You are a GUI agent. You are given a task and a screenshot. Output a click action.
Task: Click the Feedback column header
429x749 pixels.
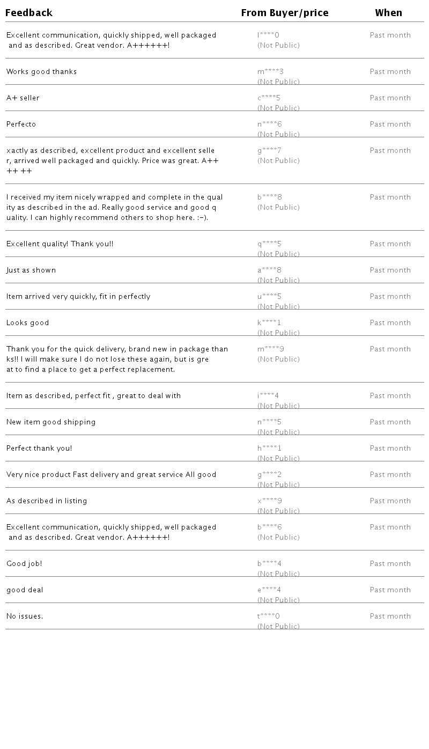click(29, 13)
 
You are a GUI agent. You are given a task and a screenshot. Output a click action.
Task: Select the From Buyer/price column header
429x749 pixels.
click(284, 13)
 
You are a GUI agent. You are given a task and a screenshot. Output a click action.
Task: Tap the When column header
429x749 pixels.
click(388, 13)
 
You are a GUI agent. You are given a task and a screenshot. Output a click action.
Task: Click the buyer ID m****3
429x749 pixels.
click(270, 72)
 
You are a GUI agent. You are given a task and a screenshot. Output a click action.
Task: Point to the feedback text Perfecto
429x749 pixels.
click(21, 124)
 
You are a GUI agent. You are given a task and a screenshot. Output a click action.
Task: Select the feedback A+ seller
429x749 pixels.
click(23, 98)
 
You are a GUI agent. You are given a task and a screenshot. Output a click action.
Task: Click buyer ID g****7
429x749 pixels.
click(269, 151)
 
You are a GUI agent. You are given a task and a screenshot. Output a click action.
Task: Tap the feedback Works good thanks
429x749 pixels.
click(41, 72)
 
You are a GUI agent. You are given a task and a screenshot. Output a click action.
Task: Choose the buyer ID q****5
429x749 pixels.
click(269, 244)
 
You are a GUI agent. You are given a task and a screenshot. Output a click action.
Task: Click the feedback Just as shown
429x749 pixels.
click(31, 270)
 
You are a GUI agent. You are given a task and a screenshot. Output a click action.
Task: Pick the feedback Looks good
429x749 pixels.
click(28, 323)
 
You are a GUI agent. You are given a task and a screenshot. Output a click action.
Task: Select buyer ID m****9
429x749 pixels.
click(270, 349)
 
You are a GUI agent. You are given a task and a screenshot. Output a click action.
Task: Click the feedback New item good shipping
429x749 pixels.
click(51, 422)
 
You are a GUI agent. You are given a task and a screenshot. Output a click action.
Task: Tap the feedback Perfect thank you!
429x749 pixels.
click(39, 449)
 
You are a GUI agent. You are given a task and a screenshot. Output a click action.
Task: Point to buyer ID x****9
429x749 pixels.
click(269, 501)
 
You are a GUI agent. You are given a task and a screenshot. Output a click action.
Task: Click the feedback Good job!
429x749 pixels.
click(24, 564)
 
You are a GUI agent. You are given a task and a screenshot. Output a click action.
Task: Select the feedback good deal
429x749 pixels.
click(25, 590)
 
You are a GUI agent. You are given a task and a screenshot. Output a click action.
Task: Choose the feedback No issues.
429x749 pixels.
click(25, 616)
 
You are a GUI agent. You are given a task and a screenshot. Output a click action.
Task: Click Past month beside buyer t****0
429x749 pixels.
click(390, 616)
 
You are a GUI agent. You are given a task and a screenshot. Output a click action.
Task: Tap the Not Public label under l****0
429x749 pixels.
click(278, 46)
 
